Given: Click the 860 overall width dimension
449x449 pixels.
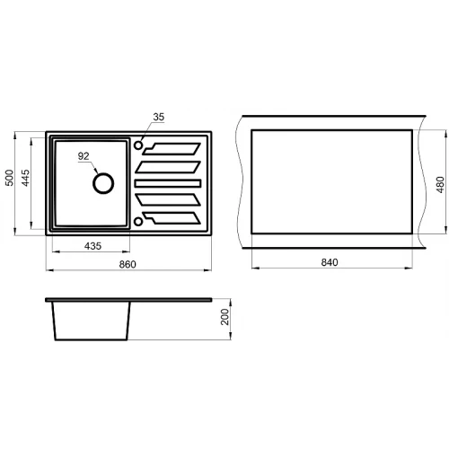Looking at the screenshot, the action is click(x=128, y=264).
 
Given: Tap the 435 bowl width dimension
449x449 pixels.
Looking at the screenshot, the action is click(x=92, y=246).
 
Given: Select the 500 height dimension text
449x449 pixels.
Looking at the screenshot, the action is click(x=10, y=178).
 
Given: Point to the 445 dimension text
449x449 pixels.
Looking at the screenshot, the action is click(x=26, y=178).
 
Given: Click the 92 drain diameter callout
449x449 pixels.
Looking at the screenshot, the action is click(x=84, y=156).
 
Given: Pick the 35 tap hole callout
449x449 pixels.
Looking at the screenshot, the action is click(x=159, y=117).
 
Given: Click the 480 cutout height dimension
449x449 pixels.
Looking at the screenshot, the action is click(x=440, y=185).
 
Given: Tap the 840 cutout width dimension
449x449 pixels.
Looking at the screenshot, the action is click(x=330, y=262).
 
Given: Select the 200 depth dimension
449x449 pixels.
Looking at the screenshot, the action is click(x=224, y=317).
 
